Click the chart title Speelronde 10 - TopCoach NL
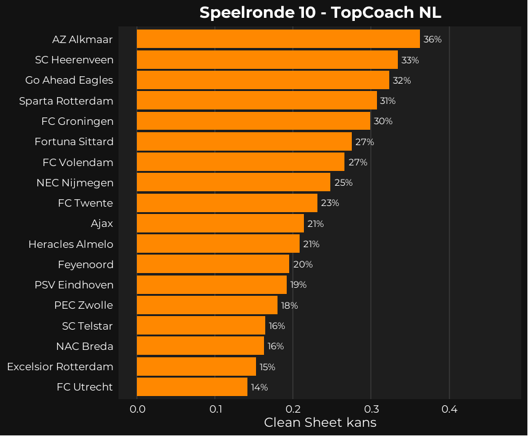click(320, 13)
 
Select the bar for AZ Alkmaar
click(278, 39)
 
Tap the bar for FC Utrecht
click(192, 387)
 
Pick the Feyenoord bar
click(212, 264)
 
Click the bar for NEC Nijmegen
click(233, 183)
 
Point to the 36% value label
click(432, 39)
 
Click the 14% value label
click(259, 387)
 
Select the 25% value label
click(343, 183)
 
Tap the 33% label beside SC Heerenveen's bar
click(410, 60)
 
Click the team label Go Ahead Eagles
click(69, 81)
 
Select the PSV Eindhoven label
click(74, 285)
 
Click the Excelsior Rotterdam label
click(60, 367)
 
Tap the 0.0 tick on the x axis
click(137, 408)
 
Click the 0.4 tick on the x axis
click(449, 408)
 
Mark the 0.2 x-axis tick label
click(293, 408)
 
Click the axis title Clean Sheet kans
click(320, 423)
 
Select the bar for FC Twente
click(227, 203)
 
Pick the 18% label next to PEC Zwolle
click(289, 306)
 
